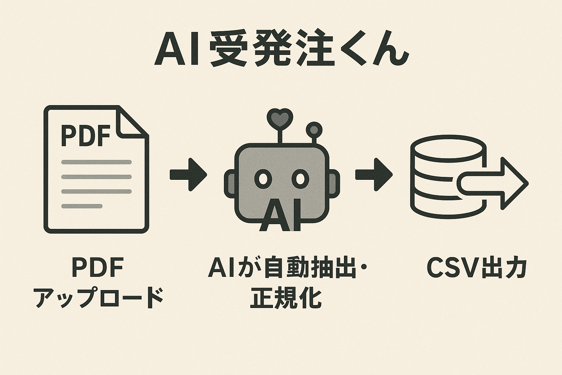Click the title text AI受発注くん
(x=281, y=51)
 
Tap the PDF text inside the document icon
(x=86, y=135)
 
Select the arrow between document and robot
(x=188, y=175)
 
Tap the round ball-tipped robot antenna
(x=314, y=129)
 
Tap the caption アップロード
(x=99, y=298)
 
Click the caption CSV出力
(x=477, y=268)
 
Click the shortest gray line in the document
(x=82, y=206)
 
